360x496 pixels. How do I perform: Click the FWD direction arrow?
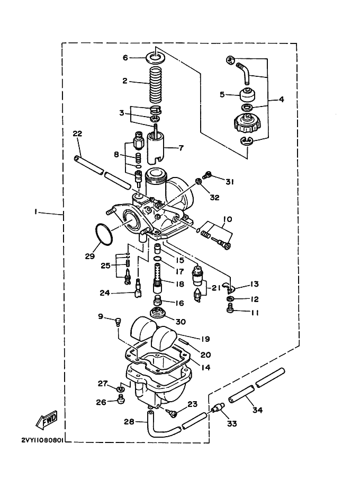pos(47,420)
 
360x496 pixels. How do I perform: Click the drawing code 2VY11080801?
pos(42,440)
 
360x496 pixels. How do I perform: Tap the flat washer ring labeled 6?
pos(156,58)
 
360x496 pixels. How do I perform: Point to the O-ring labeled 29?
pos(104,234)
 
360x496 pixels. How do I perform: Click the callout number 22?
pos(77,134)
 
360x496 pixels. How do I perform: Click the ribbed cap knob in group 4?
pos(247,123)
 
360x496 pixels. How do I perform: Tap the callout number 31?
pos(229,182)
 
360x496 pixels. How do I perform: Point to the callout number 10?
pos(228,219)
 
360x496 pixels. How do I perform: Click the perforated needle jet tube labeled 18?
pos(157,278)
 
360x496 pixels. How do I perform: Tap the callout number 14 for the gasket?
pos(205,367)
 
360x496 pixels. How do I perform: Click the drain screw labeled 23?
pos(173,413)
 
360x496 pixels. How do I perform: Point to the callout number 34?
pos(258,410)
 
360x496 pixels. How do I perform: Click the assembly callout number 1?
pos(36,211)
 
